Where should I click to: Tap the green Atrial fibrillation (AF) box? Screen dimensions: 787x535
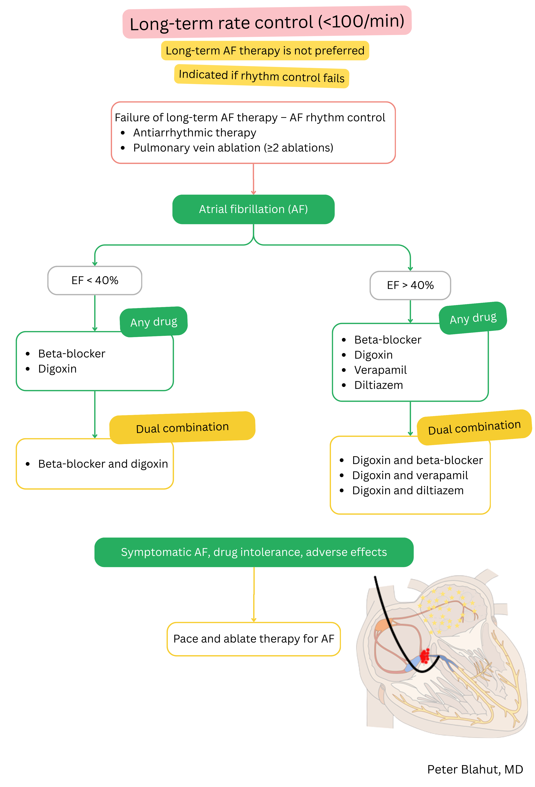(x=253, y=209)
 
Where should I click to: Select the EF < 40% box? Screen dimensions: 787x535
(x=95, y=280)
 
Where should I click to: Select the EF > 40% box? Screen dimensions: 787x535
(x=410, y=285)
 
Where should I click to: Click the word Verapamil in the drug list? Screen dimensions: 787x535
(x=380, y=370)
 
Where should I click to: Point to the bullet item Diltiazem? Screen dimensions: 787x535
(x=378, y=385)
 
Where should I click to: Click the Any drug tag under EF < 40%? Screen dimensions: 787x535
(x=154, y=322)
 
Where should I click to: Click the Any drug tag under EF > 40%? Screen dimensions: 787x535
(x=473, y=318)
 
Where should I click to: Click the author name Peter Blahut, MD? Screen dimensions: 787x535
(x=475, y=769)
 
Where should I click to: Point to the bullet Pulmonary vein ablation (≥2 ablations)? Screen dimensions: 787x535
(x=233, y=148)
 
